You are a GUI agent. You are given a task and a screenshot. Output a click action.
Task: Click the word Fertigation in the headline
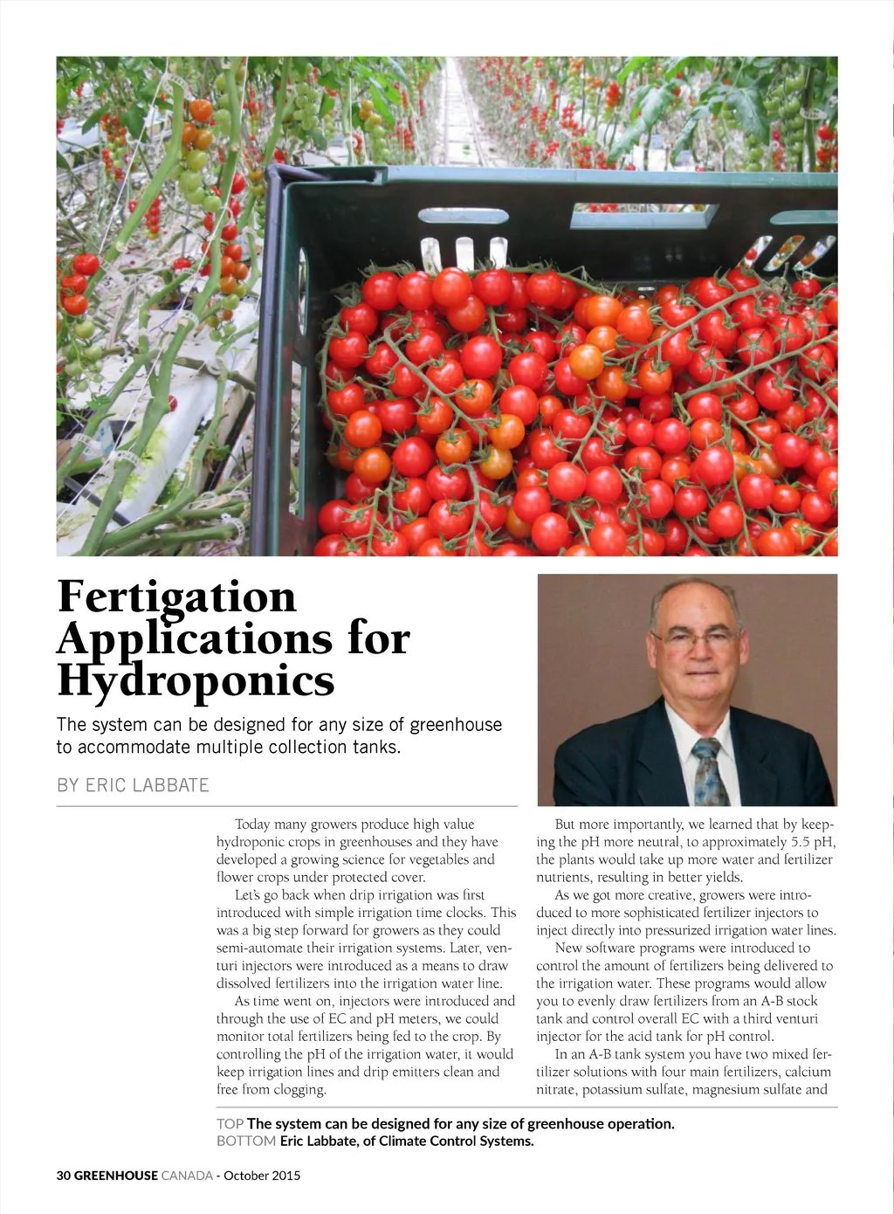tap(177, 597)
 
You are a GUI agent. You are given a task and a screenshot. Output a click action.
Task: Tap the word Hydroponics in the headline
tap(196, 681)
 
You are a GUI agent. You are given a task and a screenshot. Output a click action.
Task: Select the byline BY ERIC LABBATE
tap(133, 785)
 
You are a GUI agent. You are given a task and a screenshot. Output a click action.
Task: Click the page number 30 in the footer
tap(64, 1176)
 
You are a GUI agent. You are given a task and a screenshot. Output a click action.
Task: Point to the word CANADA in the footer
tap(187, 1176)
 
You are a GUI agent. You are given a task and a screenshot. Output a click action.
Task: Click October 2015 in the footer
tap(262, 1176)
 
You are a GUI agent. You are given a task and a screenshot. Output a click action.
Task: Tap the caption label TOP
tap(230, 1124)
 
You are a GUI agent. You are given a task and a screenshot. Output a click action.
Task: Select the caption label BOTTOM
tap(246, 1142)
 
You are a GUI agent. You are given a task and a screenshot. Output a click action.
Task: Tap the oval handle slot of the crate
tap(457, 215)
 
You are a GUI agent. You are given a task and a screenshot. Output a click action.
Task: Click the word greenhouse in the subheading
tap(456, 725)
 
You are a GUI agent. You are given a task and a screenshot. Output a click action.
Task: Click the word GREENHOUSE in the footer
tap(116, 1176)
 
